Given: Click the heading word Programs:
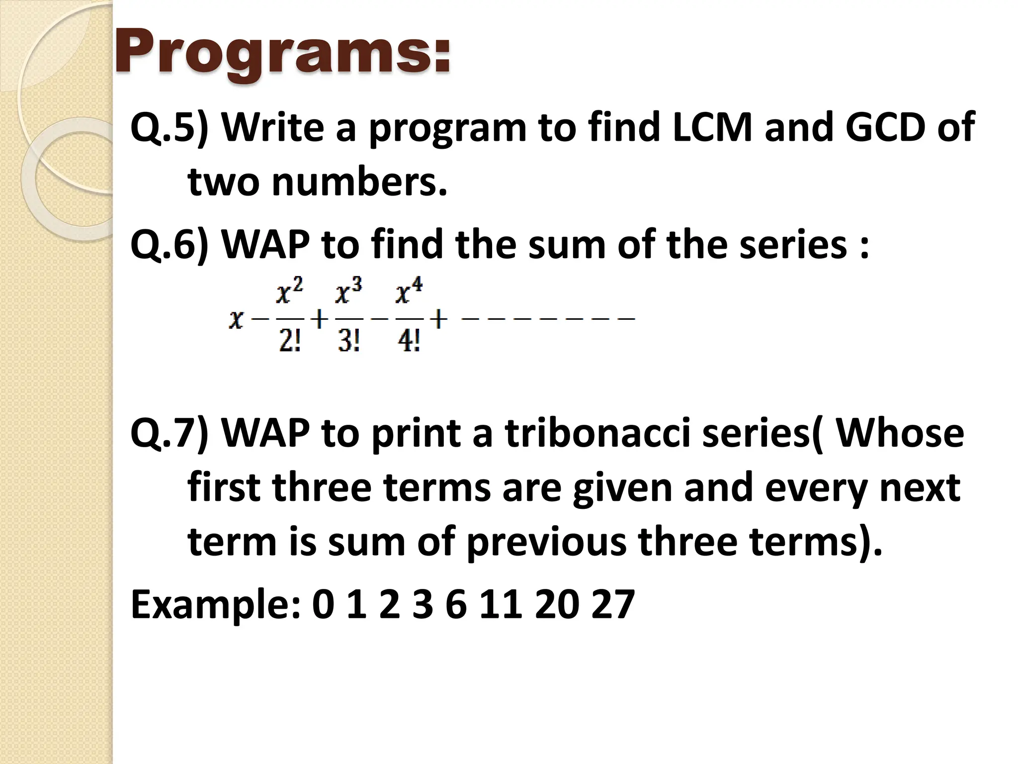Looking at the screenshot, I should (x=283, y=52).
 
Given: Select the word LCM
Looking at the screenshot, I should (x=712, y=128).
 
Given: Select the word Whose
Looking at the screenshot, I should (x=900, y=433).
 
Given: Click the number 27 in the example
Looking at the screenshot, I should (x=613, y=605).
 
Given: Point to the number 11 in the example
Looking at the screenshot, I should (x=501, y=605).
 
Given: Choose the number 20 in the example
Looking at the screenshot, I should (x=557, y=605).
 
